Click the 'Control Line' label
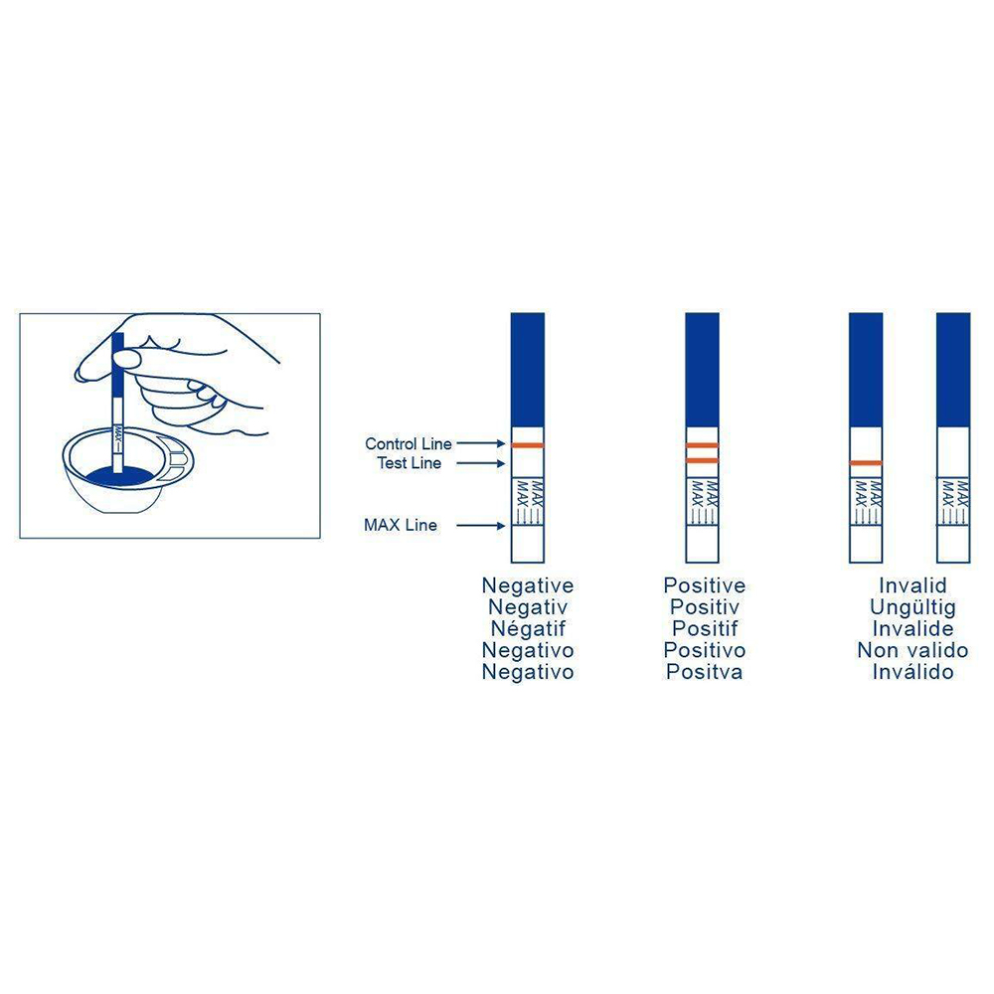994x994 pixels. pos(409,443)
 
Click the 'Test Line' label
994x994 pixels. pos(409,463)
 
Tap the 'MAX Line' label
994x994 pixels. pos(400,525)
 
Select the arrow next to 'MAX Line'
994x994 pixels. pos(480,526)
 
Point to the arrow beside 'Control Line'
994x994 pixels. pos(480,443)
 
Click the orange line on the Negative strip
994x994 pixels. pos(528,445)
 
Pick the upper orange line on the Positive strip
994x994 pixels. pos(702,445)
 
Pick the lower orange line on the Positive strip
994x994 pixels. pos(702,460)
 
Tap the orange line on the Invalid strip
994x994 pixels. pos(866,463)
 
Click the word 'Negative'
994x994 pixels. pos(528,585)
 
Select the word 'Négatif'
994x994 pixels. pos(528,628)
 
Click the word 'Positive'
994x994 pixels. pos(705,585)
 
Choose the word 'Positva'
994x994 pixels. pos(705,671)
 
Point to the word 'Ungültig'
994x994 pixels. pos(912,607)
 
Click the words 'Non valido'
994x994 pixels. pos(912,650)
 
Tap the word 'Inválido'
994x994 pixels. pos(912,671)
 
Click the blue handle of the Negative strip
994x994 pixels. pos(528,370)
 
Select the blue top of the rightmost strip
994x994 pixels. pos(953,370)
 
